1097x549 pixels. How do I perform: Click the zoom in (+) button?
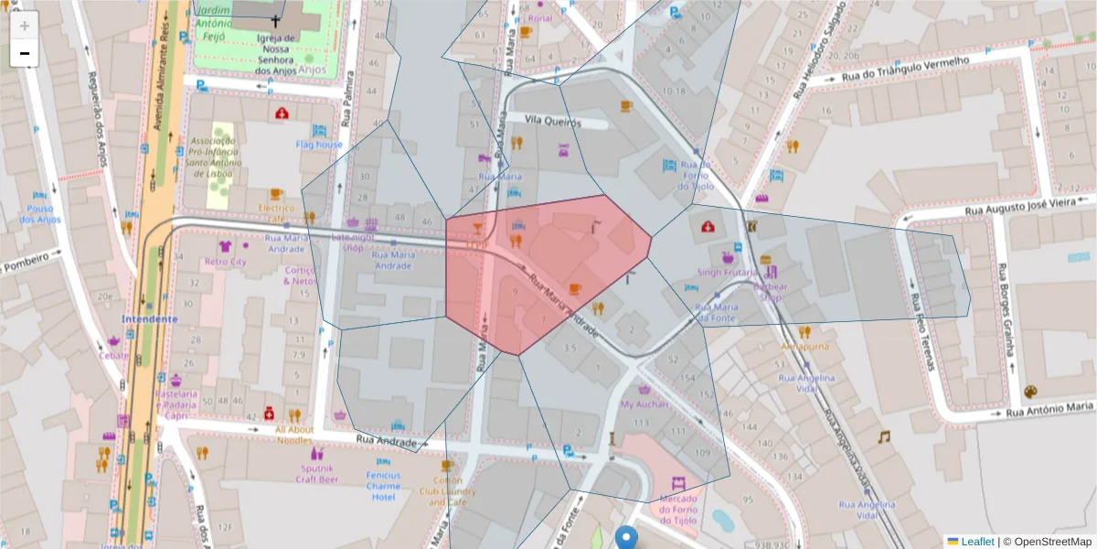pyautogui.click(x=25, y=26)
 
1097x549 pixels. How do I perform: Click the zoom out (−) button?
pyautogui.click(x=25, y=53)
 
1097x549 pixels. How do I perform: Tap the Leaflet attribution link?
pyautogui.click(x=976, y=541)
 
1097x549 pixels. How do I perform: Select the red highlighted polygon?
pyautogui.click(x=548, y=274)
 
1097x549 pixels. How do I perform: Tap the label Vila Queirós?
pyautogui.click(x=552, y=118)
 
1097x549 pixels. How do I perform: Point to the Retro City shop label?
pyautogui.click(x=226, y=261)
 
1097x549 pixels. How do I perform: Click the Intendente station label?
pyautogui.click(x=150, y=318)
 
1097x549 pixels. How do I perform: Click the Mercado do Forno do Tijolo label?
pyautogui.click(x=677, y=509)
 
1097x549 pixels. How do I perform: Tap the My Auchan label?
pyautogui.click(x=644, y=403)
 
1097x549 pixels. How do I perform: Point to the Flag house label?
pyautogui.click(x=319, y=144)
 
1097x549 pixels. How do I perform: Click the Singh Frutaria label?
pyautogui.click(x=729, y=272)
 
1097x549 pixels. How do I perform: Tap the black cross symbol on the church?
pyautogui.click(x=275, y=20)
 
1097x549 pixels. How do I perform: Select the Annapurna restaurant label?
pyautogui.click(x=805, y=347)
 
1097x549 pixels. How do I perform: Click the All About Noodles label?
pyautogui.click(x=294, y=434)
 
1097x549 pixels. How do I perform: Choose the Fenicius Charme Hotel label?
pyautogui.click(x=383, y=486)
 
